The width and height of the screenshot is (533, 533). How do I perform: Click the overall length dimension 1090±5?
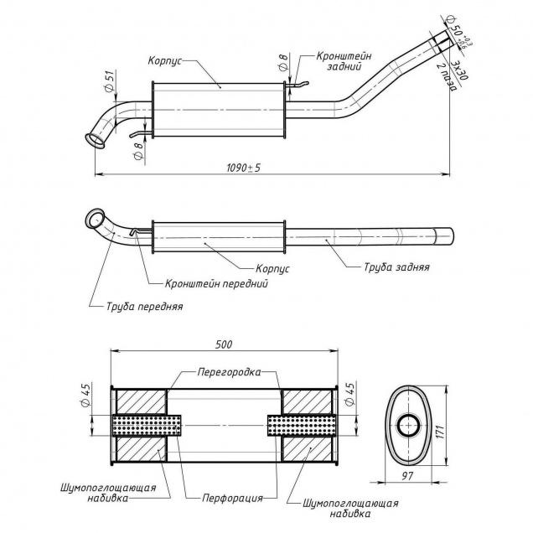243,168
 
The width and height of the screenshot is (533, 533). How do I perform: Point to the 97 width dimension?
406,476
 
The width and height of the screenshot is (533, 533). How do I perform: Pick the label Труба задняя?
396,268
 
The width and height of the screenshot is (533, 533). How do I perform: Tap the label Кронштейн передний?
216,284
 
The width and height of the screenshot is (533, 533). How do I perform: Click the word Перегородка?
230,370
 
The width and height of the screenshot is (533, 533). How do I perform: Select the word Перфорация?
232,497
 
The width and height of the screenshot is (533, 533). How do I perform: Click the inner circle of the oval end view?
410,424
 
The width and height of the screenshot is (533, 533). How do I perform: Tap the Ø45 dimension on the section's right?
349,391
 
